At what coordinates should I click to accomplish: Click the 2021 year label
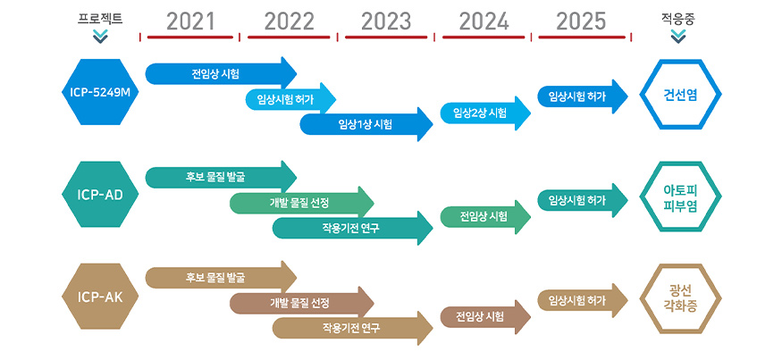[x=190, y=22]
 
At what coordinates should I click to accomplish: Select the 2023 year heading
[x=386, y=22]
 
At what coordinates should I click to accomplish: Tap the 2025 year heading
[x=581, y=22]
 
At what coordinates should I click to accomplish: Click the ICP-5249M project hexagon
[x=100, y=92]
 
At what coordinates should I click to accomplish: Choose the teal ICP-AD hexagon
[x=100, y=195]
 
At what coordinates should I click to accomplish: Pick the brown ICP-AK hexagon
[x=100, y=297]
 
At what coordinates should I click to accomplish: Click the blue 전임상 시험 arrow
[x=221, y=74]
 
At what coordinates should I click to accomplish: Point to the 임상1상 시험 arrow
[x=366, y=124]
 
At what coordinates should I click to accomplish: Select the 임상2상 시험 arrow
[x=485, y=113]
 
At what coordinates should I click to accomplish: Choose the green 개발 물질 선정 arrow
[x=302, y=204]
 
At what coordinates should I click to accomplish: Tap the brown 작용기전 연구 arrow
[x=352, y=328]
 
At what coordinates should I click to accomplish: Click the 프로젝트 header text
[x=100, y=20]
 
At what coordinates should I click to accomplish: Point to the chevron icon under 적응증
[x=678, y=37]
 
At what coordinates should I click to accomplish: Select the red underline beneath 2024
[x=483, y=37]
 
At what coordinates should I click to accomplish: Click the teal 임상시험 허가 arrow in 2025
[x=583, y=200]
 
